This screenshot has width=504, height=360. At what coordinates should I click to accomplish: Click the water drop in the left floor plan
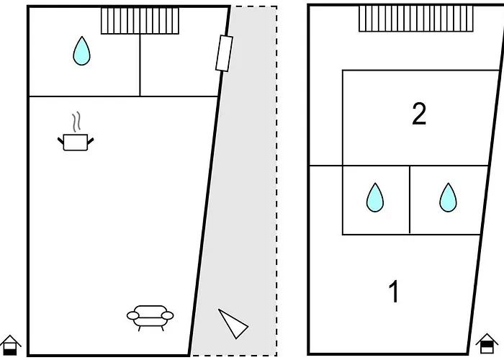81,51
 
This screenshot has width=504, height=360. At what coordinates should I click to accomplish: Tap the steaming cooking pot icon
75,140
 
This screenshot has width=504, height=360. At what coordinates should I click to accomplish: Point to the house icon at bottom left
11,345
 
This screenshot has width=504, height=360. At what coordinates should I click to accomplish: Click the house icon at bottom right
487,345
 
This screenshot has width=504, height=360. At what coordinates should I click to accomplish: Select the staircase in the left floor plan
140,21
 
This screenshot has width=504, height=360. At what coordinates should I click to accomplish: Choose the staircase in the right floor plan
416,19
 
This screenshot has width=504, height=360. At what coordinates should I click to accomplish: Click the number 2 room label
419,114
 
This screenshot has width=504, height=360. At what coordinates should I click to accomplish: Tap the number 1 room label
394,292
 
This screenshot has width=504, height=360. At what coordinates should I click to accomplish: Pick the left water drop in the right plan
374,197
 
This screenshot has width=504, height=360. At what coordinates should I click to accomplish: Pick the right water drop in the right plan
449,197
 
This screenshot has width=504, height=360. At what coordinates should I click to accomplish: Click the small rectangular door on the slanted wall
223,53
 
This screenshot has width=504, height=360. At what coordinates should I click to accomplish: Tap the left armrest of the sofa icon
132,315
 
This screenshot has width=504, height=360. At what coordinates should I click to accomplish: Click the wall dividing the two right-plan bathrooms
410,199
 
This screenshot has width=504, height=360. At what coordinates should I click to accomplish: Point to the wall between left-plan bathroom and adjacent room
140,65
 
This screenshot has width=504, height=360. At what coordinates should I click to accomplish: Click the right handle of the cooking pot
90,138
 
